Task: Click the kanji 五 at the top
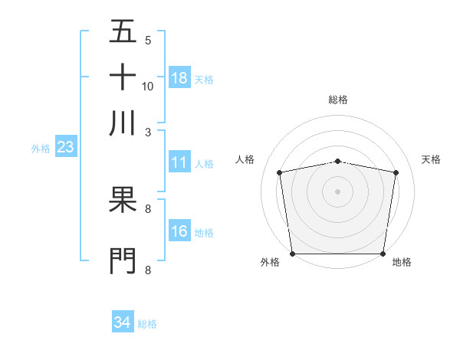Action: click(x=123, y=31)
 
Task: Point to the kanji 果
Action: click(x=123, y=198)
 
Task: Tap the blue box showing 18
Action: click(x=179, y=78)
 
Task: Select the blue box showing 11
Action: click(x=179, y=162)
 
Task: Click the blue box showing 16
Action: click(x=179, y=231)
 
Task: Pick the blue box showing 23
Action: click(x=64, y=148)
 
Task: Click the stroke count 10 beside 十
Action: click(x=148, y=86)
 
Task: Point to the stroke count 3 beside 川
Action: click(x=148, y=132)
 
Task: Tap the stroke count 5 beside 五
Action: click(x=148, y=41)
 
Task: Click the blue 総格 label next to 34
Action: click(x=147, y=324)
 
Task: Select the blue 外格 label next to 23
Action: click(x=41, y=149)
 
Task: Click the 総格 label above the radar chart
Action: click(x=337, y=100)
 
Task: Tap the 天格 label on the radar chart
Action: click(x=432, y=159)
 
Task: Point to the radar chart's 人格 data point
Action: click(x=280, y=172)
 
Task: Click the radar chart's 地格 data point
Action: click(x=383, y=254)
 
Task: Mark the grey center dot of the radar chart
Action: click(x=337, y=191)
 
